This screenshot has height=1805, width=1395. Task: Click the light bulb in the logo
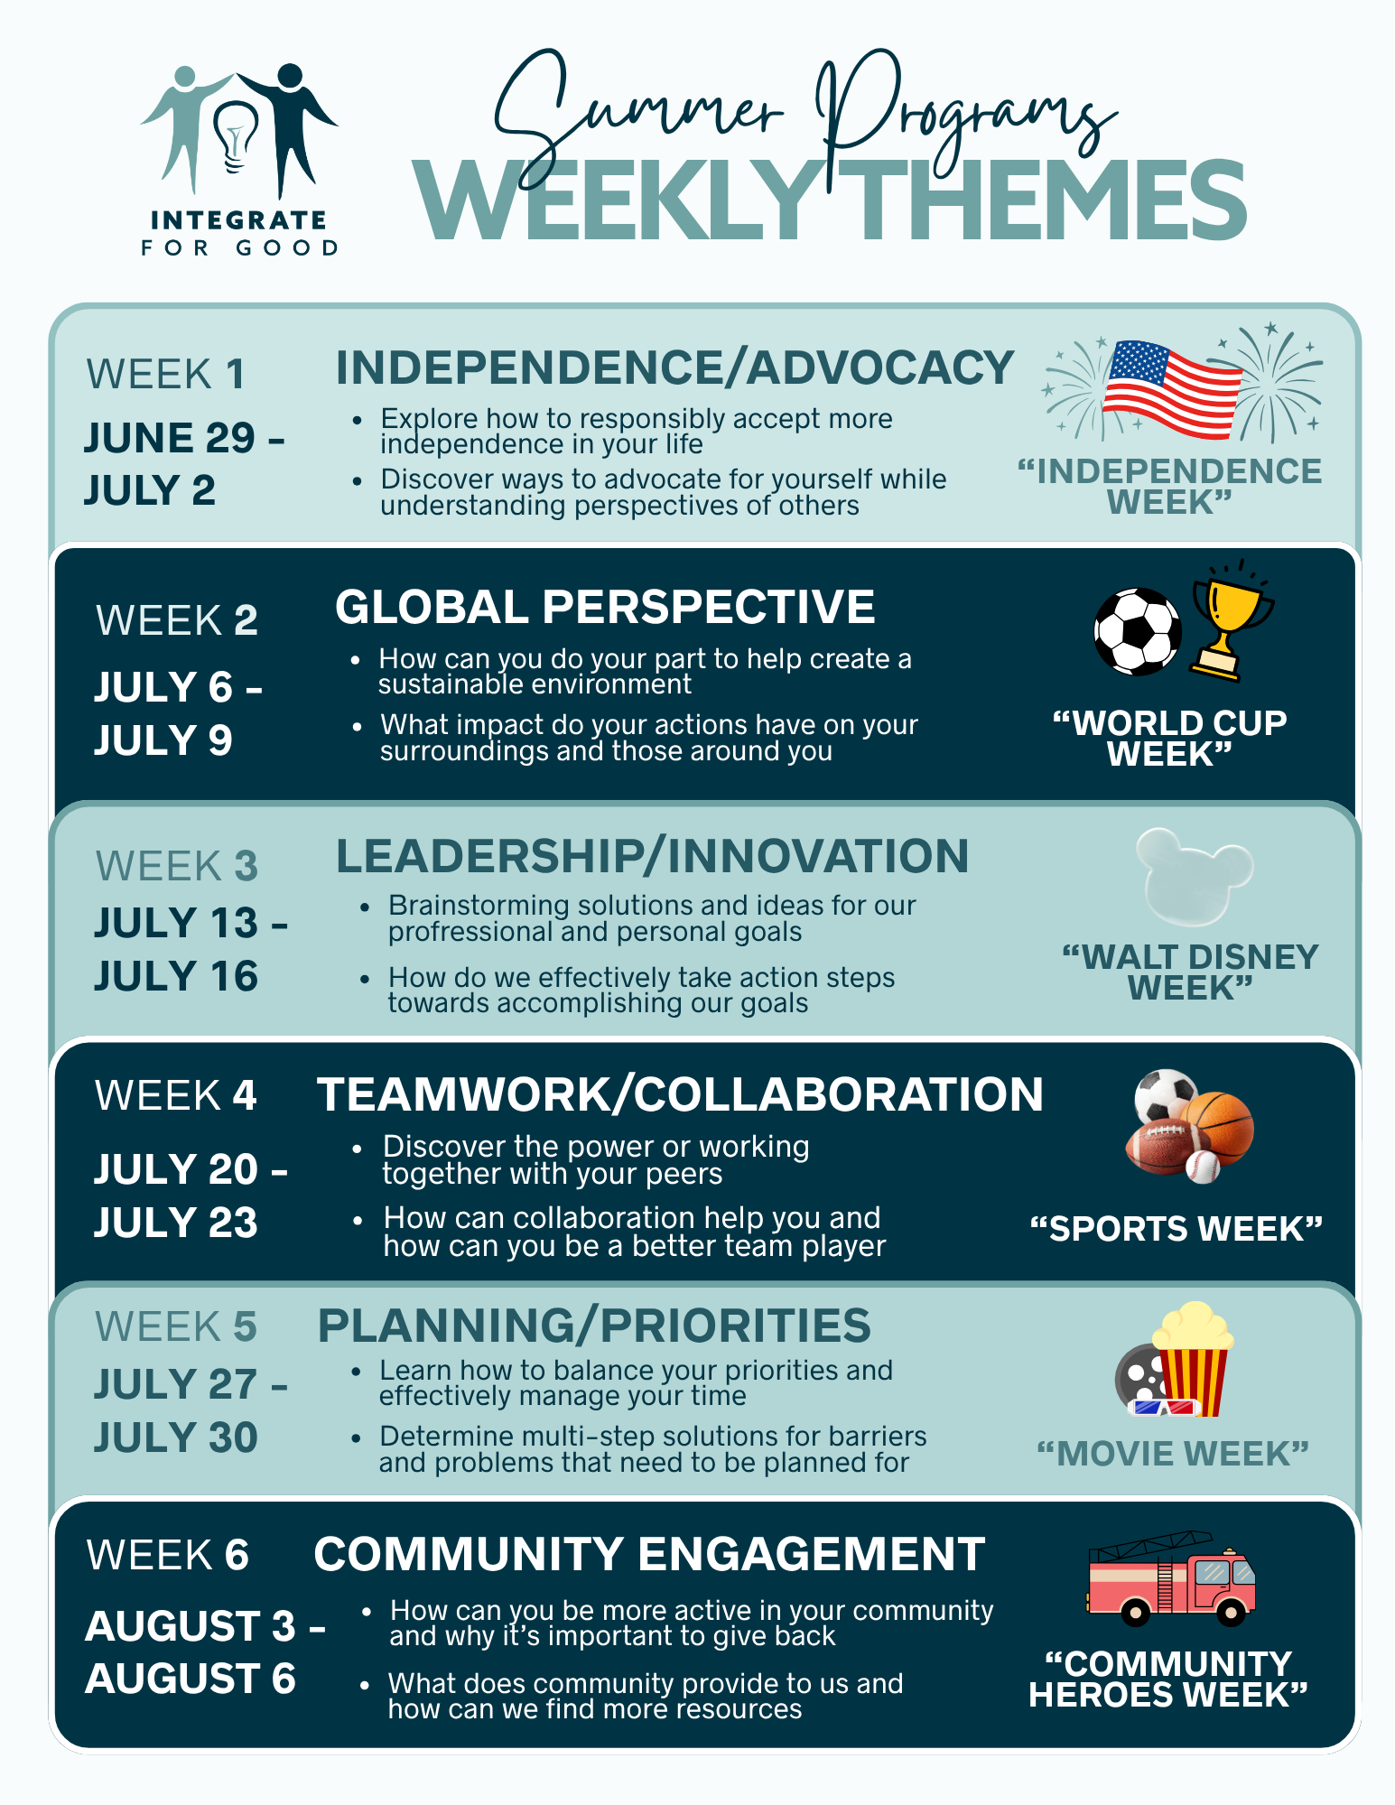(x=235, y=135)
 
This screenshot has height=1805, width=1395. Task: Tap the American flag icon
(x=1172, y=389)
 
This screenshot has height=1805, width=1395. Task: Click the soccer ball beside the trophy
(x=1137, y=632)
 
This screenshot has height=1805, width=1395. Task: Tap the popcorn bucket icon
(x=1193, y=1359)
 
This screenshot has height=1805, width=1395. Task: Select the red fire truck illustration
(x=1171, y=1577)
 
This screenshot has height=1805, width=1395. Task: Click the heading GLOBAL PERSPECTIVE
(x=605, y=607)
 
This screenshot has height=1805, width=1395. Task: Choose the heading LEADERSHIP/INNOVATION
(x=652, y=856)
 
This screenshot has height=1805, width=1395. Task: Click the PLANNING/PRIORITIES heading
(x=594, y=1326)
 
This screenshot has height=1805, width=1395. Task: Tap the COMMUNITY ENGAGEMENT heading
(x=649, y=1554)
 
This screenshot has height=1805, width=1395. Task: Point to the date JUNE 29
(x=170, y=438)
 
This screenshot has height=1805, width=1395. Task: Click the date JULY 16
(x=176, y=976)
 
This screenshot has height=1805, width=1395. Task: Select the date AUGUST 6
(x=191, y=1679)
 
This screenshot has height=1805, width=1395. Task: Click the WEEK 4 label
(x=176, y=1095)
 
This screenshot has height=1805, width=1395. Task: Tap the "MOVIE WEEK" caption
(x=1173, y=1454)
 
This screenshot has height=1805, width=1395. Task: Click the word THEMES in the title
(x=1047, y=200)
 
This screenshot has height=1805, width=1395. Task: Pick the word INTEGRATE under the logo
(x=238, y=220)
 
